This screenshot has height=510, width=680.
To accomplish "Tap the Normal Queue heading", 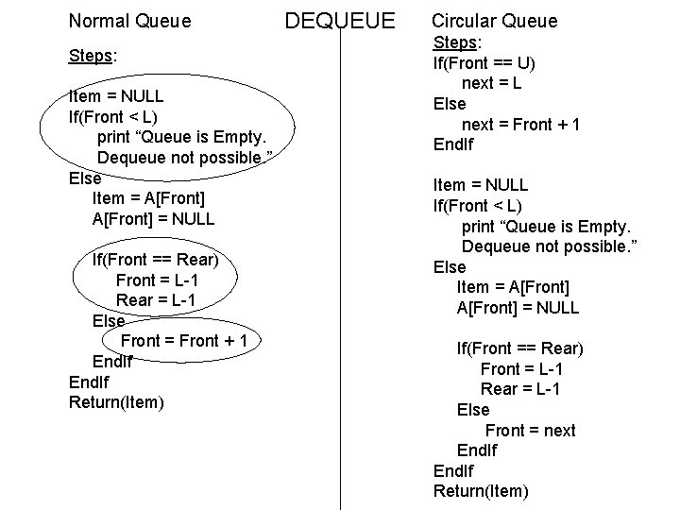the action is [129, 20].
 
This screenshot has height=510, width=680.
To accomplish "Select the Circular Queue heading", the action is [494, 21].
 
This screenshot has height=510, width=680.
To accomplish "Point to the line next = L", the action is [492, 83].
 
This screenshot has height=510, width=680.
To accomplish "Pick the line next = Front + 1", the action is [520, 125].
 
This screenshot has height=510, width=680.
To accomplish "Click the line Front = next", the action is [530, 431].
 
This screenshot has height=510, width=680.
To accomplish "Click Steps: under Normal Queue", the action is [93, 55].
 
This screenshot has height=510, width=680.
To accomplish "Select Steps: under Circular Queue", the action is [457, 42].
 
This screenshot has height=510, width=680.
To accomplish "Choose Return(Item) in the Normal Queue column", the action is [116, 403].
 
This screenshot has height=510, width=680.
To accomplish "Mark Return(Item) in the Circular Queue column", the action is [480, 491].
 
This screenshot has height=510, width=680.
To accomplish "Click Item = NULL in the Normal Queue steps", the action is [116, 96].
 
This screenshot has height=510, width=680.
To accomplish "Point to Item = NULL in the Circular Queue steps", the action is [480, 185].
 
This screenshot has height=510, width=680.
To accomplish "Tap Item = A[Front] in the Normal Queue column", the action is [147, 198].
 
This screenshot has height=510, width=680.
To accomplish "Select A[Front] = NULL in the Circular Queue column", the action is [518, 308].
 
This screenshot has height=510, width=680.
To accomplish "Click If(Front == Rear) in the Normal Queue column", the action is [155, 260].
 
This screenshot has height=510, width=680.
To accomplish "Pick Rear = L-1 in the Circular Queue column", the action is [520, 389].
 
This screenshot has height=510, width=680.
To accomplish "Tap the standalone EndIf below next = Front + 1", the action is [452, 144].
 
